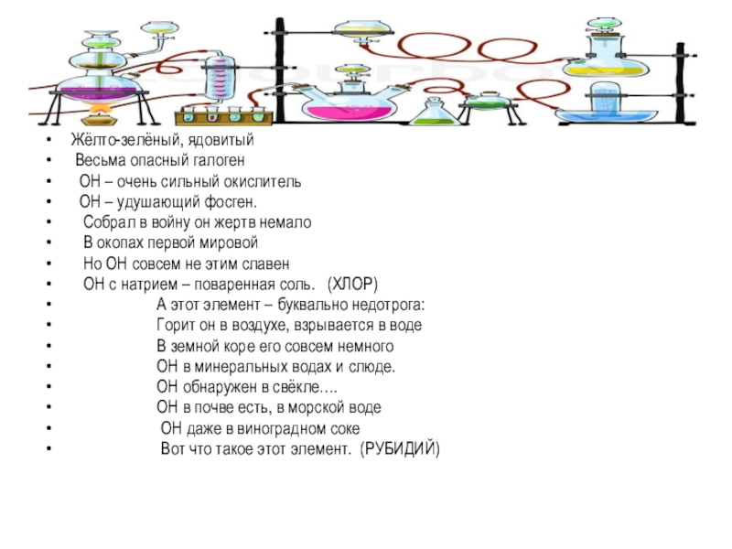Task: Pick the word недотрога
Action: click(x=391, y=305)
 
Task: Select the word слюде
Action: click(x=374, y=367)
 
